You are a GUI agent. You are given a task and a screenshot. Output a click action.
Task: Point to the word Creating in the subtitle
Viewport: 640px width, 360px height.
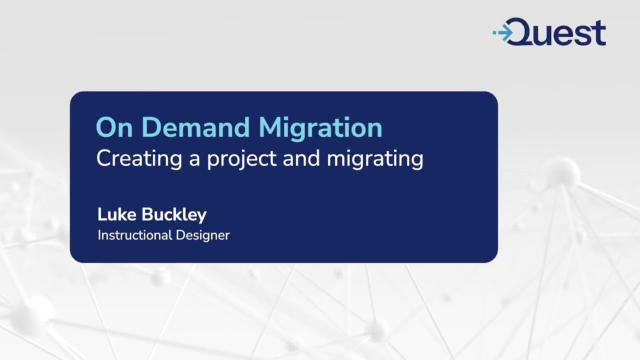(131, 158)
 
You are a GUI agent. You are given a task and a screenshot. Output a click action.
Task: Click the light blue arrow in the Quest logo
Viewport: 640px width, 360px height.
(502, 33)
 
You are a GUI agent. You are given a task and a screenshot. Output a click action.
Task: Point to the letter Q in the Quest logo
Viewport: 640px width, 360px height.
(523, 32)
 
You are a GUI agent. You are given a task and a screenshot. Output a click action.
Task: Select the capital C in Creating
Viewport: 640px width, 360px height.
(103, 158)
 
